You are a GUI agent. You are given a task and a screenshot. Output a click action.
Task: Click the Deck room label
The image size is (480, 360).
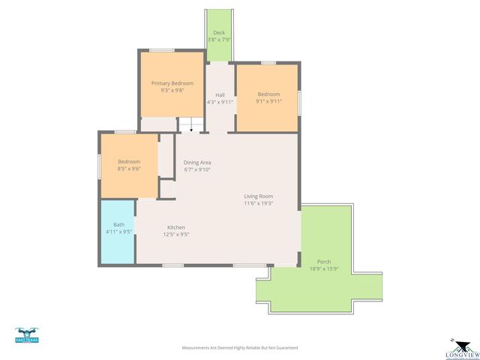[x=219, y=33]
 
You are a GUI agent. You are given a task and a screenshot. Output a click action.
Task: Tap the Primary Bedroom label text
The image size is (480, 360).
[x=172, y=83]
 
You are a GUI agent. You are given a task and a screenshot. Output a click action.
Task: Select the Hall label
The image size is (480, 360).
[x=220, y=95]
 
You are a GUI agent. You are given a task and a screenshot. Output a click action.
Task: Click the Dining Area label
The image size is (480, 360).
[x=197, y=163]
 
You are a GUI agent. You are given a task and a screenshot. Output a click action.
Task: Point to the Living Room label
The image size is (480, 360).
[x=258, y=196]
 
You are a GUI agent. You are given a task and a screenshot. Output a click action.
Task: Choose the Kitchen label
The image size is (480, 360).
[x=176, y=227]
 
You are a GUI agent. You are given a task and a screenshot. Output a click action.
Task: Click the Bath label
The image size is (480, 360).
[x=118, y=224]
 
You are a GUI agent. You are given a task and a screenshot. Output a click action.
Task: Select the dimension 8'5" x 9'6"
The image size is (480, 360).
[x=129, y=169]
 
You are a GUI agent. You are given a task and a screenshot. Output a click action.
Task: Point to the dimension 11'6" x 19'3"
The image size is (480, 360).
[x=258, y=203]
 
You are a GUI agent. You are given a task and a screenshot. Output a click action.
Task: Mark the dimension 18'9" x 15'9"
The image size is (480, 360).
[x=323, y=269]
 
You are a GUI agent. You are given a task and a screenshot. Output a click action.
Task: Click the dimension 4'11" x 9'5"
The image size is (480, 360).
[x=118, y=232]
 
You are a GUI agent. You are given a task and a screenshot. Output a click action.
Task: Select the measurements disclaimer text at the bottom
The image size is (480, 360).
[x=240, y=348]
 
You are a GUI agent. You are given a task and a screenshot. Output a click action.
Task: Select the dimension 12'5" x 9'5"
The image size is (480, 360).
[x=176, y=234]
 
